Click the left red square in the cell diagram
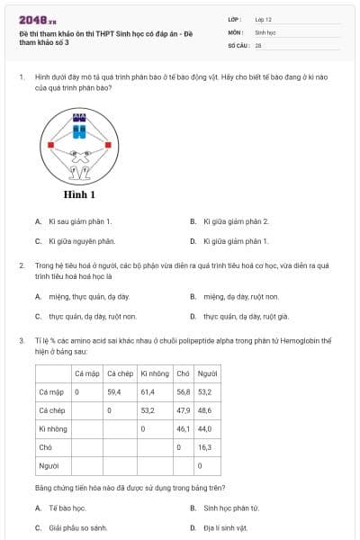(51, 144)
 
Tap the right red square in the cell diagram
(108, 144)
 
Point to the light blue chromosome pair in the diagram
(79, 133)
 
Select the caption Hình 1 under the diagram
(79, 193)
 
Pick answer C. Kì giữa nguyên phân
(81, 240)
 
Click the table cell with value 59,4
(114, 392)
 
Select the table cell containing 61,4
(148, 392)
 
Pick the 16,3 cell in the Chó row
(204, 446)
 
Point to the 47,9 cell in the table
(183, 410)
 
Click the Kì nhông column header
(154, 373)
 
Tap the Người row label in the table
(49, 465)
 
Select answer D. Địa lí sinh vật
(225, 527)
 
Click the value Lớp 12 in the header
(263, 18)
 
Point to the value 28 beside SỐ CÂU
(258, 44)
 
